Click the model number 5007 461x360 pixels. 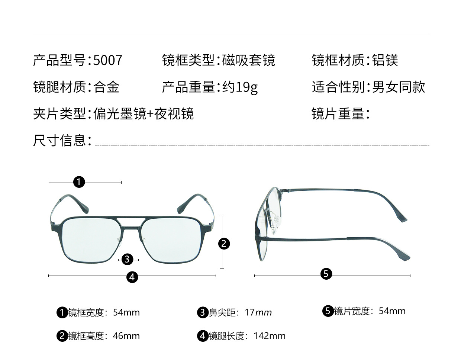(x=107, y=60)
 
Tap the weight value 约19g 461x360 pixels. (x=240, y=87)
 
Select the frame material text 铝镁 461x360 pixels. (x=385, y=60)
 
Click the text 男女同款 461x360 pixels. (x=398, y=87)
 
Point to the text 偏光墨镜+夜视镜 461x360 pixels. (x=144, y=114)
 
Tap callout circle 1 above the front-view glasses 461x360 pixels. (x=79, y=182)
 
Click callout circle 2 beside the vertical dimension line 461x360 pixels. (x=223, y=244)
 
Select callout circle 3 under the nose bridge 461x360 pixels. (x=127, y=259)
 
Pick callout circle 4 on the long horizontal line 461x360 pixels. (x=132, y=277)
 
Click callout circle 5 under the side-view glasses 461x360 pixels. (x=326, y=274)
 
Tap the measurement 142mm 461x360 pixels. (x=270, y=336)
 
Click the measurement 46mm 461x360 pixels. (x=126, y=336)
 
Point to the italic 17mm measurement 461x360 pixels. (x=258, y=313)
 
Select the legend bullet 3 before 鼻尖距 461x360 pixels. (x=202, y=312)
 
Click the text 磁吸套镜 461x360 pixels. (x=249, y=60)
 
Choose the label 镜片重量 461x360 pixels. (x=340, y=114)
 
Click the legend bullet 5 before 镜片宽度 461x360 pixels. (x=328, y=311)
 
